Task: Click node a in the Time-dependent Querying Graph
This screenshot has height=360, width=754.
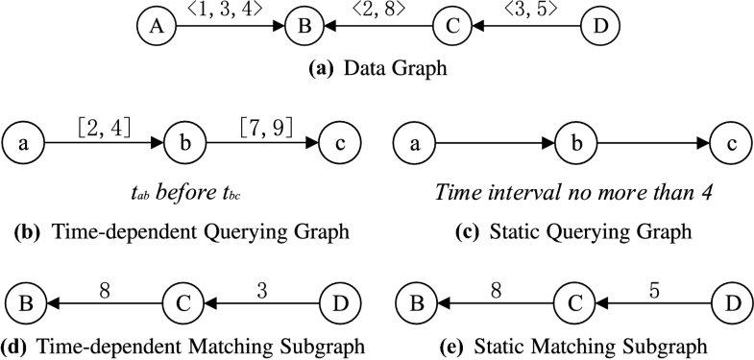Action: point(23,145)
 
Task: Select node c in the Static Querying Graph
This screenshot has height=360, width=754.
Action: point(730,145)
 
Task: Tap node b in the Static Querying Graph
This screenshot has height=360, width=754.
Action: point(574,145)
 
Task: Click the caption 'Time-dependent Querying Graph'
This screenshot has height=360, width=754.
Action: point(180,230)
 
